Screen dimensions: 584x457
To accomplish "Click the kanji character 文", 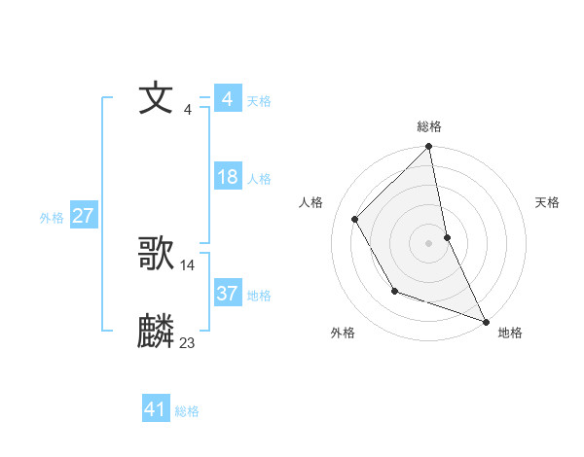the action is [157, 98].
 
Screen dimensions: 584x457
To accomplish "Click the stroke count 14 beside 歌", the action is [188, 264].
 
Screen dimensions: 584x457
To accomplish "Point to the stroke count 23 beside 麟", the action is [188, 342].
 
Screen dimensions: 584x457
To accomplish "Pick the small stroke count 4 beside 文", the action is [188, 109].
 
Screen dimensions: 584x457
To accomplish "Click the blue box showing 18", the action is [228, 177].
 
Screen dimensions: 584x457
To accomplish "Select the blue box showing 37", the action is [228, 294].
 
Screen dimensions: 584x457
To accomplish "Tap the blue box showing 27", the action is [83, 216].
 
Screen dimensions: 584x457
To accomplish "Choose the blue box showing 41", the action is [156, 409].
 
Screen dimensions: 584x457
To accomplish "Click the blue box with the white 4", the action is [228, 99].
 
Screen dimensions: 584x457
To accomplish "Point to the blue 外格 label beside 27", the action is [52, 218].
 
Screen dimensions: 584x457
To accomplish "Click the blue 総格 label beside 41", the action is [187, 411].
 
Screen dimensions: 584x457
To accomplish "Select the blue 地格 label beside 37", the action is [259, 296].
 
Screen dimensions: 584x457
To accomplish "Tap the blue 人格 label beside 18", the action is [259, 179].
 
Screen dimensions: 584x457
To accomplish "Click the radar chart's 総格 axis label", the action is [429, 126].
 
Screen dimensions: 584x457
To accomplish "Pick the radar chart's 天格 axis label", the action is [548, 202].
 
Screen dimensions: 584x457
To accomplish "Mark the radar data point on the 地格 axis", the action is [486, 321].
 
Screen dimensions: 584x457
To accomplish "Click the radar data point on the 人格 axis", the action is [355, 219].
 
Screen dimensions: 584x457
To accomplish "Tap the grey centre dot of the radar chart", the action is [429, 243].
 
